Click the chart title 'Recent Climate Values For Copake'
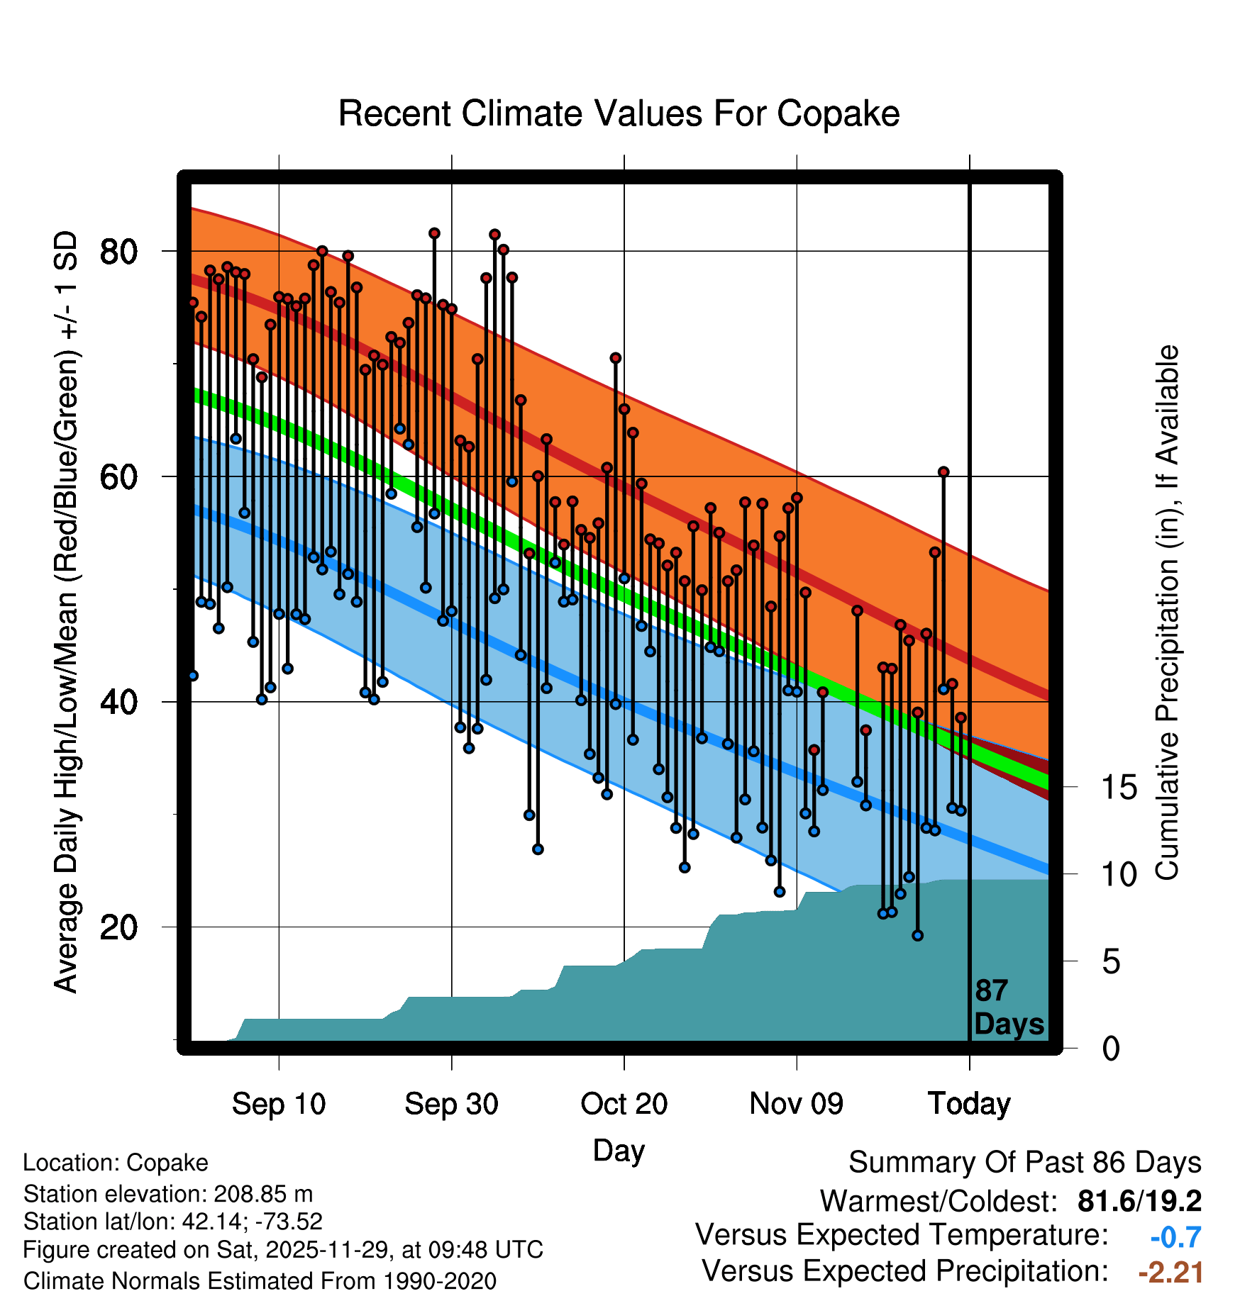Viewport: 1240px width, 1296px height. pos(619,113)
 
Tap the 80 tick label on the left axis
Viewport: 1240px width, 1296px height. pos(118,252)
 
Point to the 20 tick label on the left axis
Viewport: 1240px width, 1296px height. pos(118,927)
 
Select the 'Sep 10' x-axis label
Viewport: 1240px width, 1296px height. pos(279,1104)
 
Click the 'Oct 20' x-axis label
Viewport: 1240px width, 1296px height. pos(624,1104)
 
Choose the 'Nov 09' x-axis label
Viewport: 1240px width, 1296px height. pos(796,1104)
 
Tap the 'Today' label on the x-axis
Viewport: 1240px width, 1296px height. pos(969,1104)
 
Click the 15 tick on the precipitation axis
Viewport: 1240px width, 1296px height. pos(1119,788)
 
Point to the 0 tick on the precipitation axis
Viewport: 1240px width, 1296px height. pos(1111,1049)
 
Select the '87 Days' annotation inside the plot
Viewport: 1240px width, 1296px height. pos(1009,1007)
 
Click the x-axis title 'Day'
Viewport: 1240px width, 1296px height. pos(619,1150)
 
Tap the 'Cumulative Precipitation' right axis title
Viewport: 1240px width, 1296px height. pos(1167,613)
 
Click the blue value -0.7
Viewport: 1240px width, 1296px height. pos(1175,1237)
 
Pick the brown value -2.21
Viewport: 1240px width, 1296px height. pos(1170,1272)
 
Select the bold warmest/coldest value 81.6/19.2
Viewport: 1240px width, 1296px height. pos(1139,1201)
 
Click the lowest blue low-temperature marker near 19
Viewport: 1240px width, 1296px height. pos(917,935)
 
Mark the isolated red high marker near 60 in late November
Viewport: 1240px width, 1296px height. pos(943,472)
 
